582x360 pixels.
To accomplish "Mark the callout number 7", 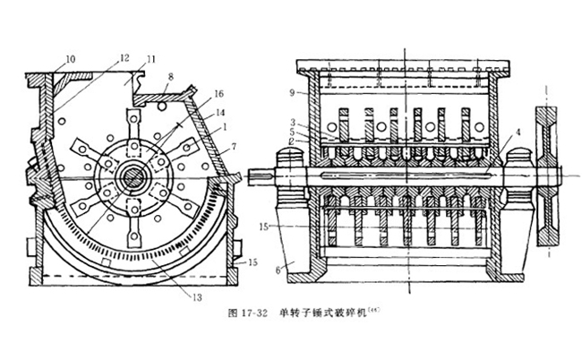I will [232, 144].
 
